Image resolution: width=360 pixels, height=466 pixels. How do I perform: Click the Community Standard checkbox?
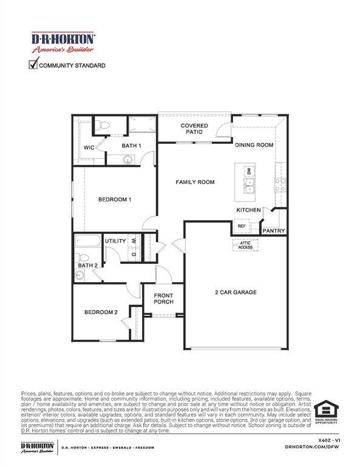[33, 64]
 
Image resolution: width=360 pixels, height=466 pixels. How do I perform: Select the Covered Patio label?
[195, 129]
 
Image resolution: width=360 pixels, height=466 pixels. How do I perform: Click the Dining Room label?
[254, 146]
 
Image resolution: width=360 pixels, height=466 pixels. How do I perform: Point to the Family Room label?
[195, 182]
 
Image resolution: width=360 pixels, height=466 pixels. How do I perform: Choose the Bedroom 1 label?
[115, 200]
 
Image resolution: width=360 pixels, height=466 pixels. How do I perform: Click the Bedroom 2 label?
[101, 312]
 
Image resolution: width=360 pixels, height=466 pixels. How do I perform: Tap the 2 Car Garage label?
[236, 292]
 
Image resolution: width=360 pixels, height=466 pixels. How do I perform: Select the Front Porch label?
[163, 298]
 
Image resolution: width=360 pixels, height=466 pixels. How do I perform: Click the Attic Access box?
[245, 245]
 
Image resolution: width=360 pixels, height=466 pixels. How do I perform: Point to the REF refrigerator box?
[241, 226]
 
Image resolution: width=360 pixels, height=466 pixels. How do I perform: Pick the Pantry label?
[273, 231]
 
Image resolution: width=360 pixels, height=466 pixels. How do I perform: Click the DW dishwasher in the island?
[250, 172]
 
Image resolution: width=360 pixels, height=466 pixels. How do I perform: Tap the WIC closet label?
[89, 147]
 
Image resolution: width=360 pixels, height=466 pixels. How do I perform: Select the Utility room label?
[115, 241]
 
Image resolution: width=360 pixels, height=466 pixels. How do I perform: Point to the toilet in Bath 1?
[104, 126]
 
